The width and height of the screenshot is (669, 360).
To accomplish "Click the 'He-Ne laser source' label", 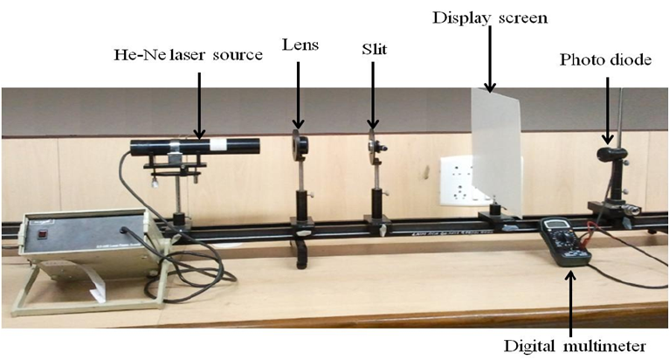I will [188, 55].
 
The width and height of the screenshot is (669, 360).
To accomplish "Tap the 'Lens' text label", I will [298, 43].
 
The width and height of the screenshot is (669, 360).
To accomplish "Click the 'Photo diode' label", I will [605, 59].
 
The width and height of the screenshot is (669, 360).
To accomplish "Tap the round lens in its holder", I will [300, 143].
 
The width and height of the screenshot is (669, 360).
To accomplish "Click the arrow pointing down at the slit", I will [373, 96].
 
